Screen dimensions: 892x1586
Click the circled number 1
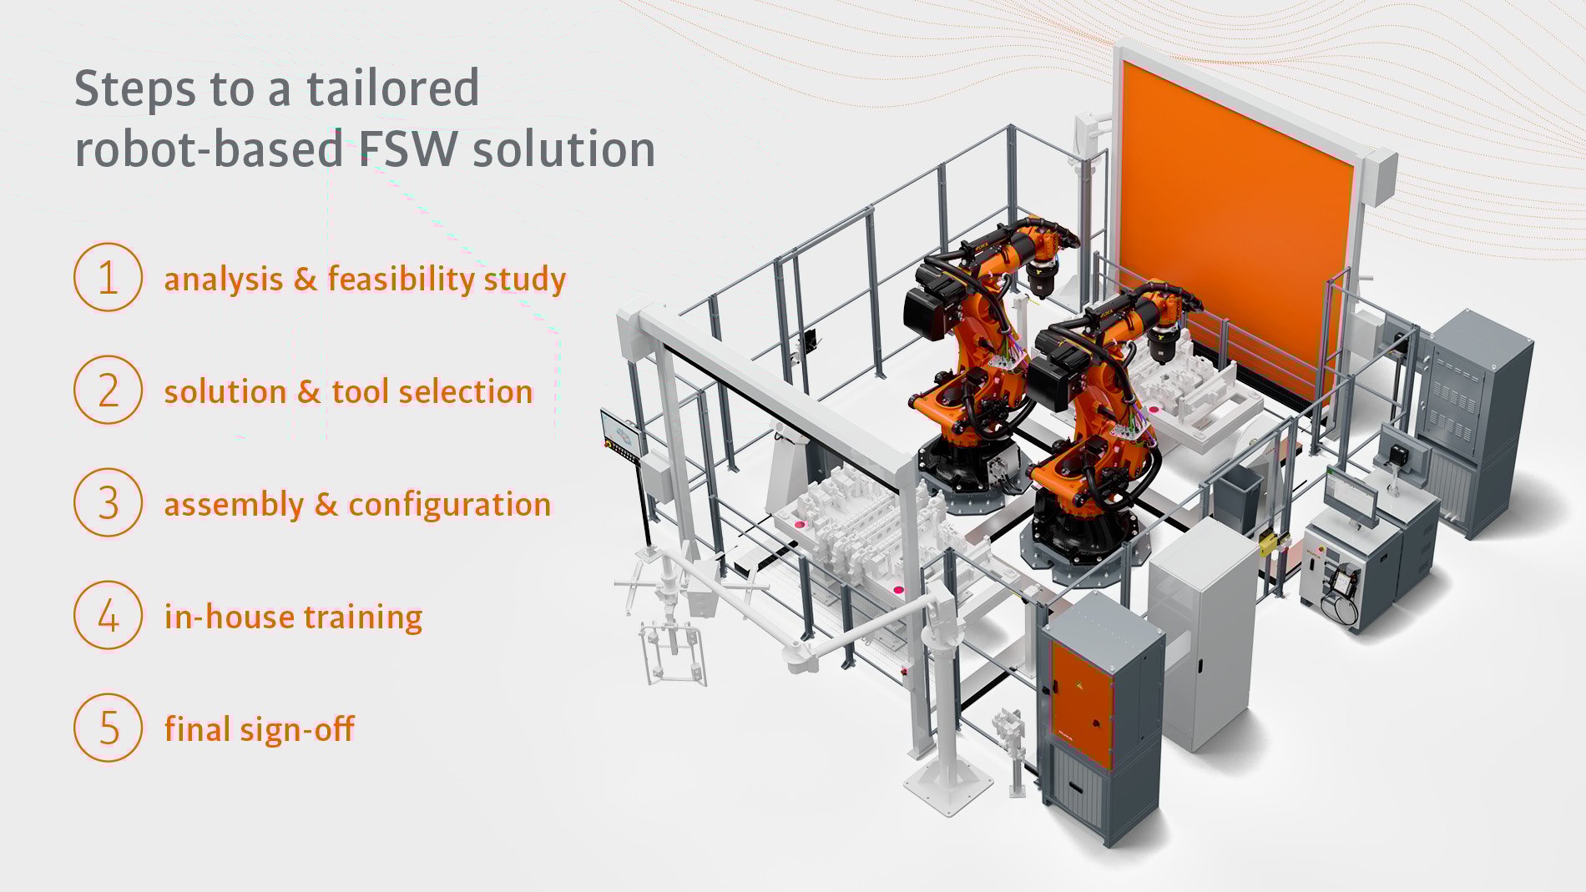click(108, 277)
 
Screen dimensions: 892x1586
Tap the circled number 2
click(108, 390)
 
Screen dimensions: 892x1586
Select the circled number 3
click(108, 502)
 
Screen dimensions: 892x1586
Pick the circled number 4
click(108, 616)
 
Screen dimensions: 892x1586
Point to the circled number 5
click(108, 728)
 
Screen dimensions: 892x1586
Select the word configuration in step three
click(449, 505)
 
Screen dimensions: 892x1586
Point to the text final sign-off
click(259, 729)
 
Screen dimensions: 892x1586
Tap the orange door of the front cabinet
click(1082, 705)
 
